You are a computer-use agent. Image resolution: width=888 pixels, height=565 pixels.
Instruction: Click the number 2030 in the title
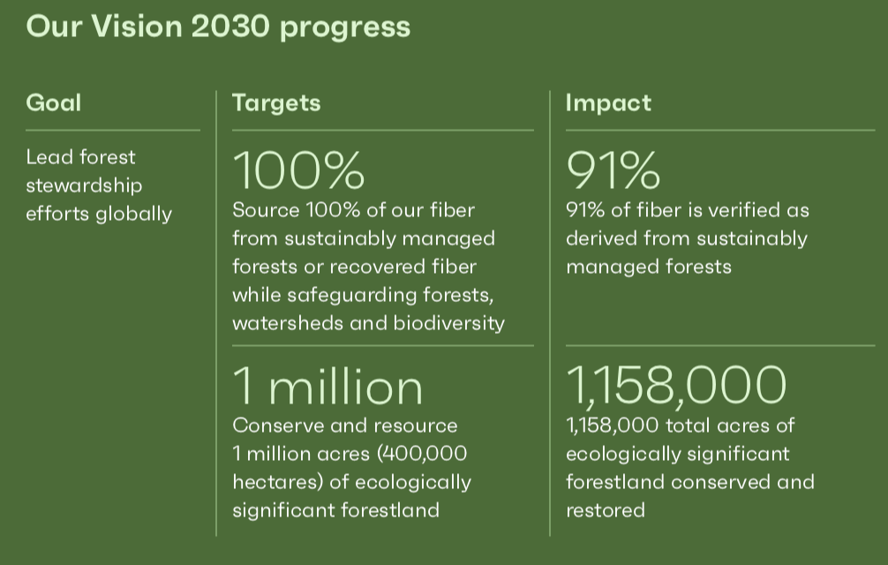[230, 26]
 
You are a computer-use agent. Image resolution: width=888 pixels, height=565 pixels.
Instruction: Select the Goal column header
[54, 102]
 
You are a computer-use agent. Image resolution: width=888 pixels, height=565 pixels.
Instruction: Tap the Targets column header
[276, 103]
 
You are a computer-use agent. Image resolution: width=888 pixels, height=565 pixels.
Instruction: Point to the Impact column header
[608, 103]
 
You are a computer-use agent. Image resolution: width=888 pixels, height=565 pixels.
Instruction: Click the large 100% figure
[298, 169]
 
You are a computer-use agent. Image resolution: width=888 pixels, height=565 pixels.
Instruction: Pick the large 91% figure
[613, 169]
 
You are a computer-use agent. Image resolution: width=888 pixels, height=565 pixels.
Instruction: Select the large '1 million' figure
[327, 386]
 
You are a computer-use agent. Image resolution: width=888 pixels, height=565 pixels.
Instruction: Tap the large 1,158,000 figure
[676, 385]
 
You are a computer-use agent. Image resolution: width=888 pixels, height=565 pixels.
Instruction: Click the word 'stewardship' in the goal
[84, 185]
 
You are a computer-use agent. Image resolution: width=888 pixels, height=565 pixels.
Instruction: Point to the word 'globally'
[133, 215]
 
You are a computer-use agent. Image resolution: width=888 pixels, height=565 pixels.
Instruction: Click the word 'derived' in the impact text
[601, 238]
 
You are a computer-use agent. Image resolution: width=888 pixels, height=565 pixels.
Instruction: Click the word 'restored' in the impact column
[606, 510]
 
